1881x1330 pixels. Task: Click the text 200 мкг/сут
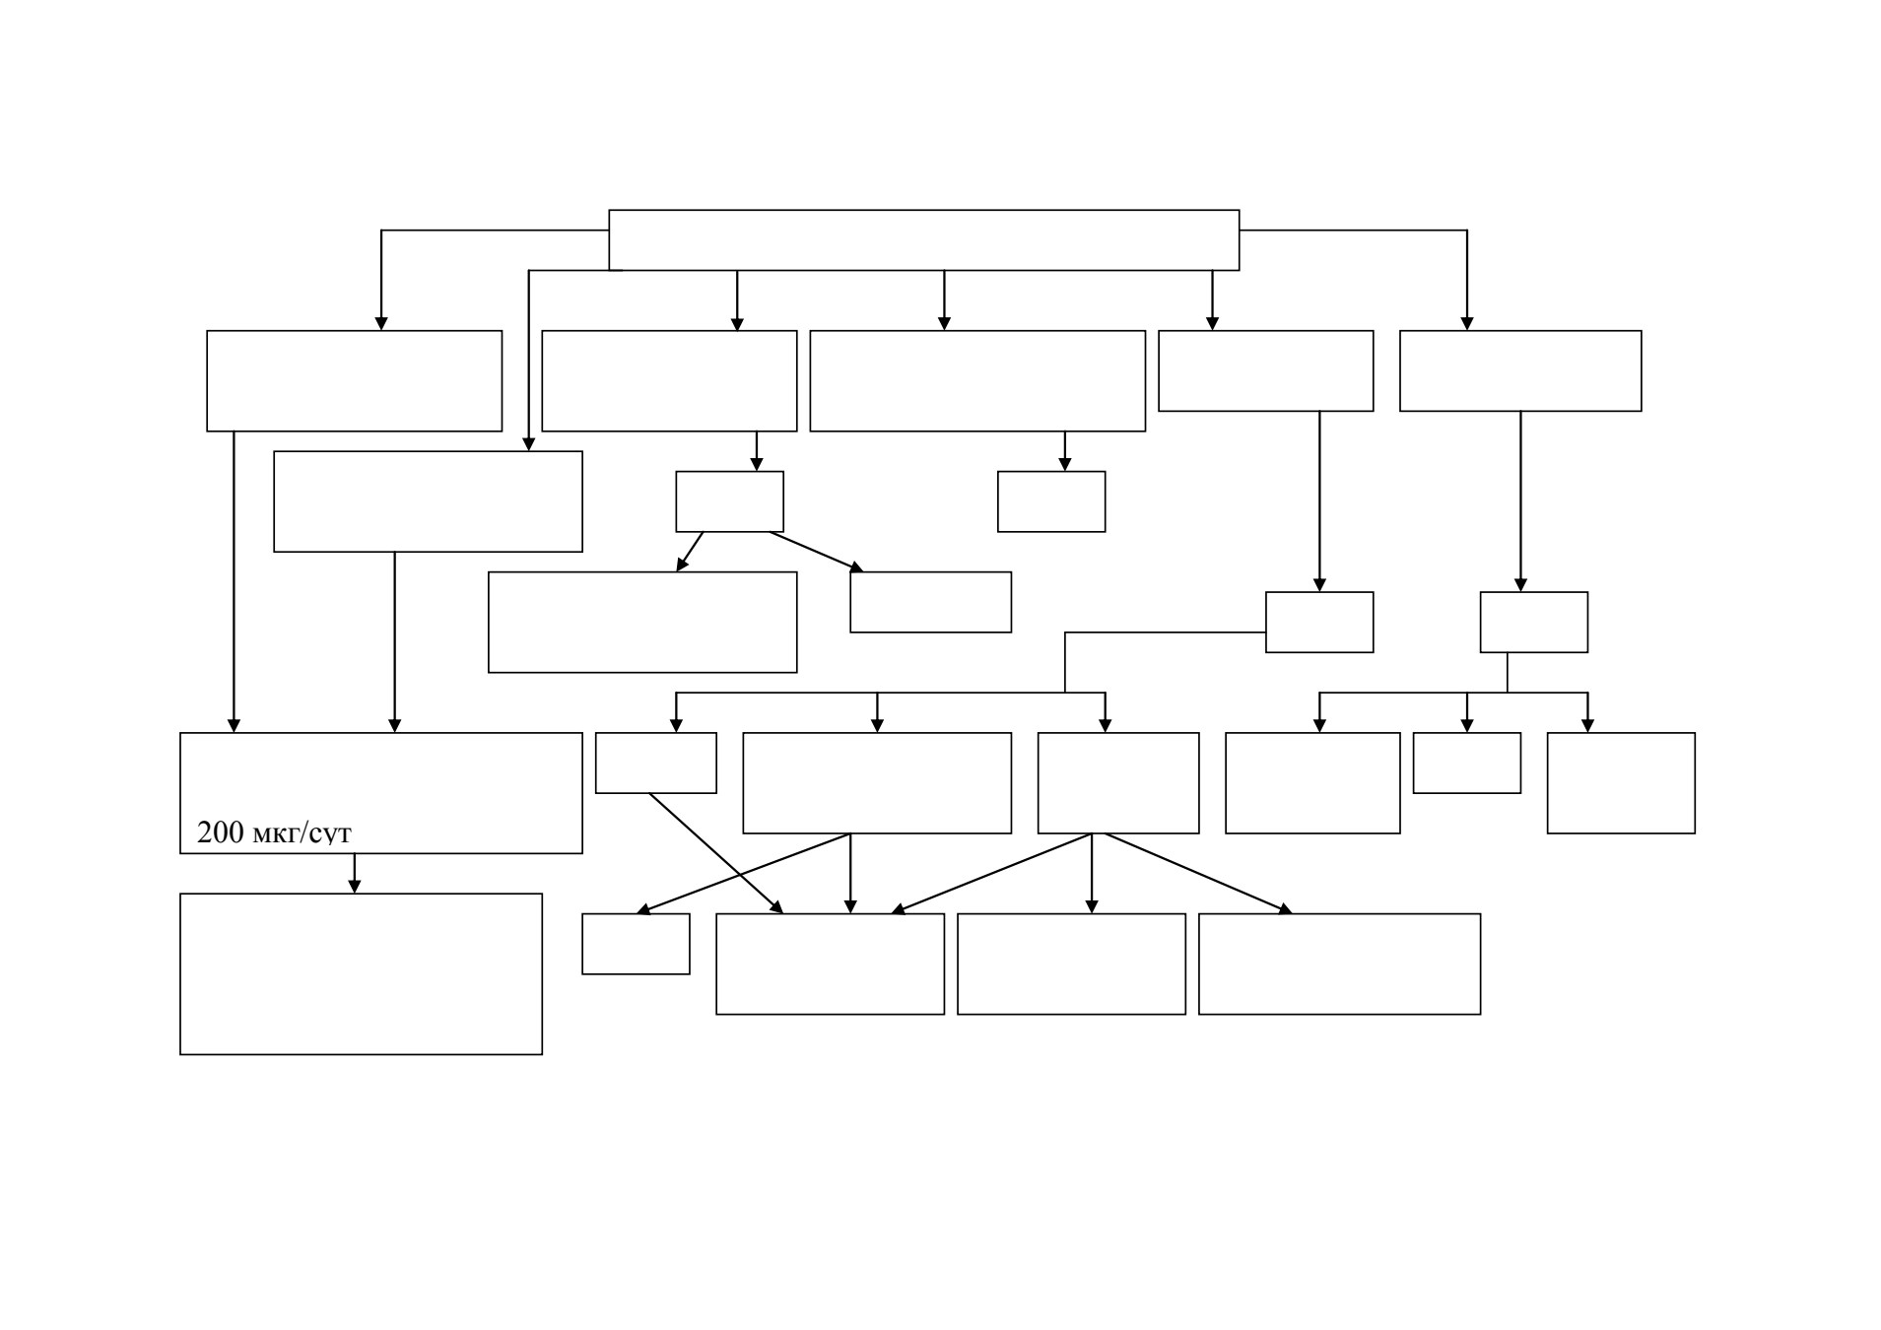coord(274,833)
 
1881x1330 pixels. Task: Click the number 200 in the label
coord(220,832)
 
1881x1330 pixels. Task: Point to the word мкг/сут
coord(302,834)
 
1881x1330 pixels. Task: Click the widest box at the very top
coord(923,239)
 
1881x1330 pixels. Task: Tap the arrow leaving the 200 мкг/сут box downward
coord(355,873)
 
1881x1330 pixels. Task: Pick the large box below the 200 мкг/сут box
coord(361,973)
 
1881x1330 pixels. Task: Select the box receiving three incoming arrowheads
coord(830,964)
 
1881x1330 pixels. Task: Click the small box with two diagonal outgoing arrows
coord(729,501)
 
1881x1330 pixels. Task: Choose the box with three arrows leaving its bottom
coord(1118,782)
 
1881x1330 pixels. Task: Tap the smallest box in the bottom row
coord(636,944)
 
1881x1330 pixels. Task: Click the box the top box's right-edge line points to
coord(1520,370)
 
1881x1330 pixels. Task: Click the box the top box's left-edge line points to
coord(354,380)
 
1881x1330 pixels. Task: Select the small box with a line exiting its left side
coord(1319,622)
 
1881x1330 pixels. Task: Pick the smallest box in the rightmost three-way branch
coord(1466,763)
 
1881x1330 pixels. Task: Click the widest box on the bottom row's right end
coord(1339,964)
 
